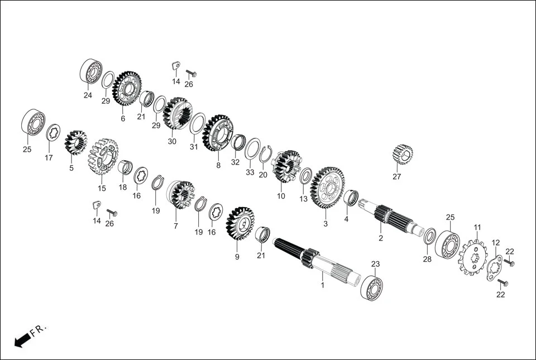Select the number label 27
tap(396, 177)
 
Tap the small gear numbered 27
tap(402, 154)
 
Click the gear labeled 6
tap(127, 88)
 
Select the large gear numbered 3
tap(327, 188)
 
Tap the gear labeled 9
tap(240, 228)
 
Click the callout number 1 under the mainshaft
tap(322, 285)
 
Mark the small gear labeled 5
tap(75, 142)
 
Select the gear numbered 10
tap(286, 166)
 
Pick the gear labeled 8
tap(217, 133)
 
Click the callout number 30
tap(172, 142)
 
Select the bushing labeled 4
tap(351, 197)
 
